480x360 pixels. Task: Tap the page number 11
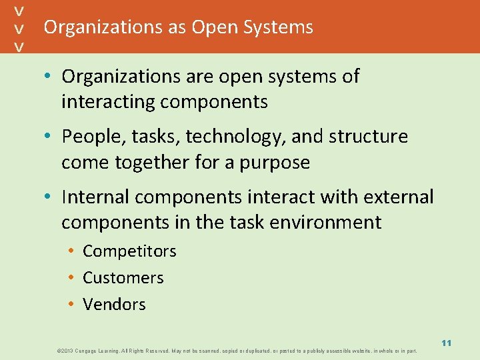(x=446, y=342)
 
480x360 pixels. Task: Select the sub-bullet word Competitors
(x=129, y=251)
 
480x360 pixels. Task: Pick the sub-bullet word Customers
(x=123, y=278)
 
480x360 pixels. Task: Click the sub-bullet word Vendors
(x=114, y=305)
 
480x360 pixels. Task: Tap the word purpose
(x=278, y=163)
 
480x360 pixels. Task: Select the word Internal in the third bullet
(x=95, y=197)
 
